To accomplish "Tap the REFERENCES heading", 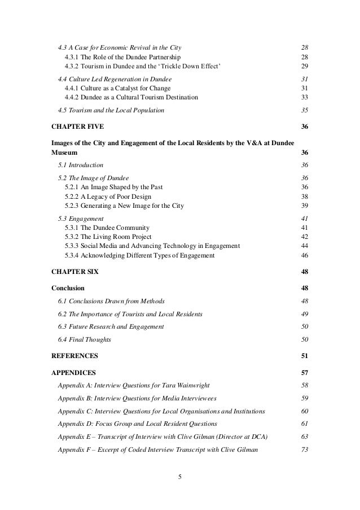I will pos(74,355).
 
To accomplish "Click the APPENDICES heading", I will pos(73,373).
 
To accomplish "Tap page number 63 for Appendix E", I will pos(304,437).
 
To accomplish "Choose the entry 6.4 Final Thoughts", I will pos(85,339).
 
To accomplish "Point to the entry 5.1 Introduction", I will pos(81,165).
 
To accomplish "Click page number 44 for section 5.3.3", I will pos(304,246).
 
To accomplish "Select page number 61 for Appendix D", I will pos(304,424).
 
